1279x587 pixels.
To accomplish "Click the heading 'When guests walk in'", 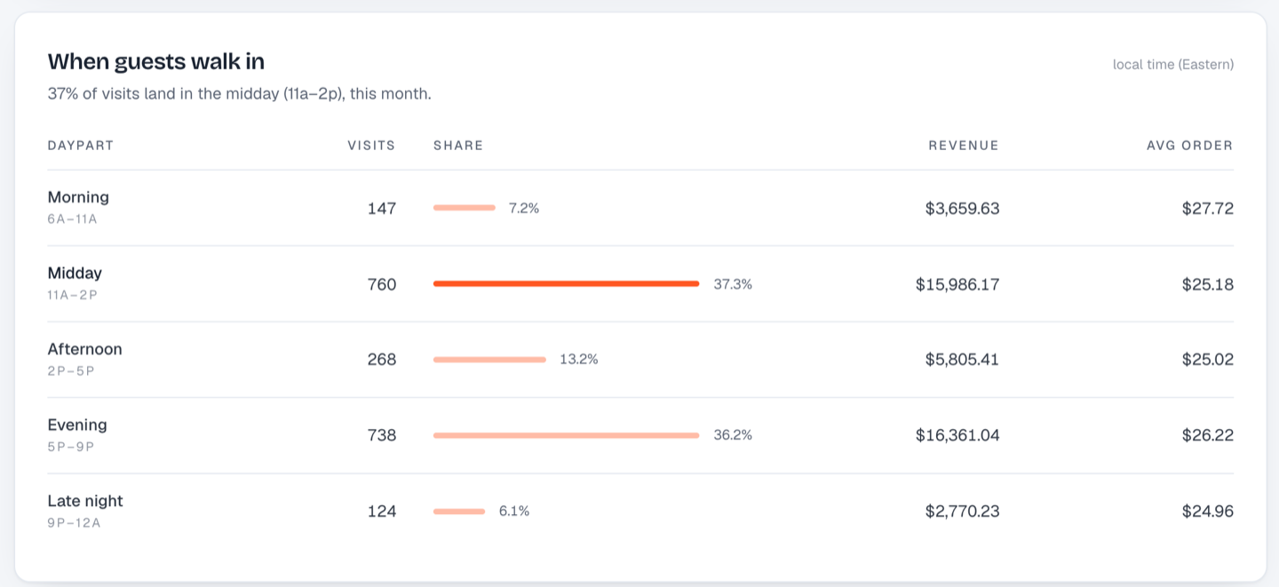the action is tap(156, 61).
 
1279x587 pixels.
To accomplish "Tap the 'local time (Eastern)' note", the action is tap(1172, 65).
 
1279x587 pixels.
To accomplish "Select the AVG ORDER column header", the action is tap(1190, 146).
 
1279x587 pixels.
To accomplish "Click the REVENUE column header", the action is tap(963, 146).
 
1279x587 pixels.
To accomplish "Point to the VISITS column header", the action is tap(371, 146).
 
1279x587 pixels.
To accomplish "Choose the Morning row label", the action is tap(78, 197).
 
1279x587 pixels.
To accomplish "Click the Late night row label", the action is tap(85, 501).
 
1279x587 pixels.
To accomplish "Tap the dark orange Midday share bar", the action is tap(566, 284).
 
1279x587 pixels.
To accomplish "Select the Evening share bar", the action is tap(566, 435).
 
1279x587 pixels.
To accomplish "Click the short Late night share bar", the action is tap(459, 511).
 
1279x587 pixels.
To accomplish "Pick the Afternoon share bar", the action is tap(489, 360).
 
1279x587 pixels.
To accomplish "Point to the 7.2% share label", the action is tap(524, 209).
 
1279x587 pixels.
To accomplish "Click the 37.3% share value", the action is tap(733, 284).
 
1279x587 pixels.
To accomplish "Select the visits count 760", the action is tap(381, 284).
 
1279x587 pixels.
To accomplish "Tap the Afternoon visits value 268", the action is tap(381, 359).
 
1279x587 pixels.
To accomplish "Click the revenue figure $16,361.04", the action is tap(957, 435).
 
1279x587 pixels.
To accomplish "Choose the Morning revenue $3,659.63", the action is tap(962, 209).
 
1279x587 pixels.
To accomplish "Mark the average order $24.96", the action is tap(1208, 511).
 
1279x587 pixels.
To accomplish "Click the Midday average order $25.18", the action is tap(1208, 284).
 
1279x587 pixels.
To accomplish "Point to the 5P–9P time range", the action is tap(71, 447).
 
